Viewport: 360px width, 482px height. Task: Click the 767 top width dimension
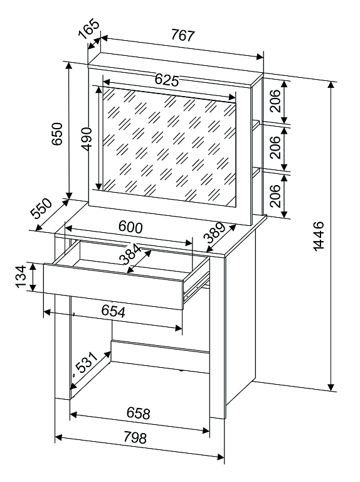click(183, 35)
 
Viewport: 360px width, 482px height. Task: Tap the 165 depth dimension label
click(89, 29)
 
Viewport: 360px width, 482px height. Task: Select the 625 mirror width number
click(166, 80)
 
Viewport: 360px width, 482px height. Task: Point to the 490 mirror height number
click(87, 139)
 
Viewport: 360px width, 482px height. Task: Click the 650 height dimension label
click(57, 134)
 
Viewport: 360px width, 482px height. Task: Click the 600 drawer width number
click(130, 227)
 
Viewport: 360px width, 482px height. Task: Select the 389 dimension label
click(214, 233)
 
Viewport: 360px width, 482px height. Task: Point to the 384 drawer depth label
click(130, 255)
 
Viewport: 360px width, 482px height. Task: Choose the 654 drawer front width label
click(114, 311)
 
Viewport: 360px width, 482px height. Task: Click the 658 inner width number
click(138, 414)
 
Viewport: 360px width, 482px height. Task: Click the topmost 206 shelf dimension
click(275, 101)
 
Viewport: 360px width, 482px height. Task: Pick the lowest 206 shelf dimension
click(275, 196)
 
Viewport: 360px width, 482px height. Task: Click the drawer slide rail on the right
click(196, 285)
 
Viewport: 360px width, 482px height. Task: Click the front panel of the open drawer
click(114, 286)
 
